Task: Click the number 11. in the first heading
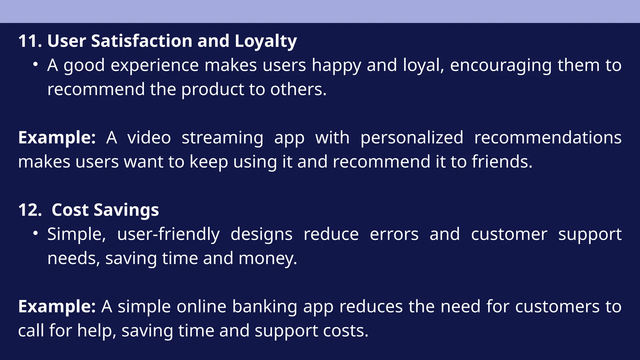30,41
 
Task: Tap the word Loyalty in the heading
266,42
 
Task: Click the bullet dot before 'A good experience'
36,65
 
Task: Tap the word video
149,138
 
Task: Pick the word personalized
412,138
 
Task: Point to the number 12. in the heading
30,210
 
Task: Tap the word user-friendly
168,234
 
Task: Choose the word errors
394,234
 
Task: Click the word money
267,259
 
